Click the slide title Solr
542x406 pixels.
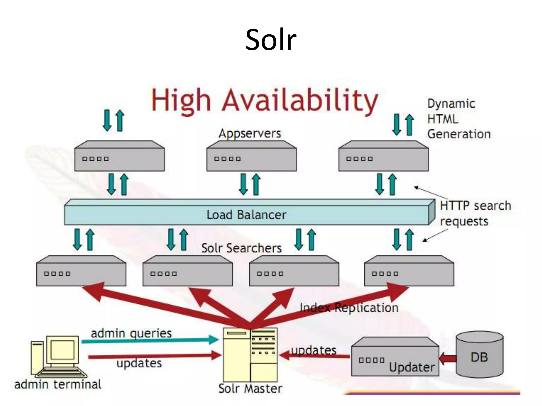[x=271, y=40]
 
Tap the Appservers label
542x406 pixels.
[x=250, y=133]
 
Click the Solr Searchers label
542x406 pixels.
[x=241, y=248]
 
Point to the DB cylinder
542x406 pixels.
[x=479, y=354]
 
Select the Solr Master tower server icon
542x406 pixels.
[x=250, y=354]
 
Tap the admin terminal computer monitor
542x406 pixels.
[x=62, y=350]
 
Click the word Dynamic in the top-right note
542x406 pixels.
[x=451, y=104]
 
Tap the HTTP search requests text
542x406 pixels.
[x=475, y=213]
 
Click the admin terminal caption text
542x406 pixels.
[x=58, y=384]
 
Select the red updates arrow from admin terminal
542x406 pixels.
[x=153, y=356]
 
